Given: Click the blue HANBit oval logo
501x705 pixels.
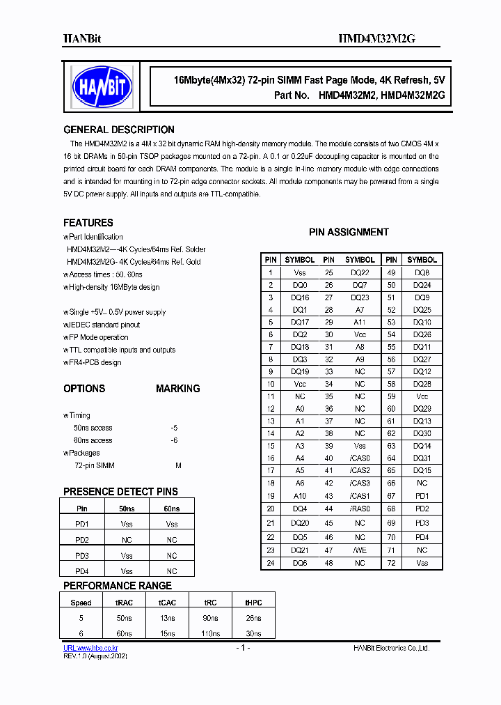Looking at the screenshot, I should (102, 86).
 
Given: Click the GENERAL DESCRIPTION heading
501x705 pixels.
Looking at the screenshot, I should (119, 130).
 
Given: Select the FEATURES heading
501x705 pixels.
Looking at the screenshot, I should (88, 223).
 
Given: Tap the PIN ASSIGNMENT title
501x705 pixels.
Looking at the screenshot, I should (349, 232).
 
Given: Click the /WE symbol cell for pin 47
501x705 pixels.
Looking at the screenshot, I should (360, 550).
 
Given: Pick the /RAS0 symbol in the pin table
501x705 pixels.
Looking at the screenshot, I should (360, 509).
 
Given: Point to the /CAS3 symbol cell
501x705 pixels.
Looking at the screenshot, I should (360, 483).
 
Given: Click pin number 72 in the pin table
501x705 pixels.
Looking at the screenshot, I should (391, 563).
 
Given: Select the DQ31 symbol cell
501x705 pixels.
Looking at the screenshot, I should (422, 458).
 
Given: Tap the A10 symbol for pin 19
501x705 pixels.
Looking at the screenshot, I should (300, 496).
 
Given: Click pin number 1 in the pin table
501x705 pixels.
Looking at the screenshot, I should (271, 272).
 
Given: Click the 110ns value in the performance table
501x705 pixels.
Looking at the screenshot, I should (211, 633).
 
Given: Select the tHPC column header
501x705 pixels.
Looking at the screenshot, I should (253, 603).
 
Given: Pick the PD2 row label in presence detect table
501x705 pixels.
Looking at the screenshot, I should (82, 540).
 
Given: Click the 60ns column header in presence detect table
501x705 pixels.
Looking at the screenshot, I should (171, 509).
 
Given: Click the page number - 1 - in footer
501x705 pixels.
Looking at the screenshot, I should (241, 648).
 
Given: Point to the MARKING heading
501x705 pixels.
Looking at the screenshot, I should (177, 389).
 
